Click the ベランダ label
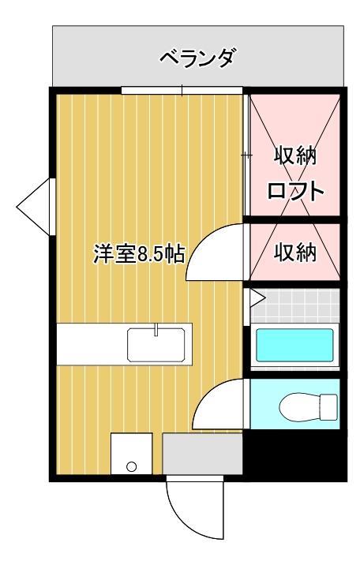point(197,58)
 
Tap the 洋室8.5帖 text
point(139,254)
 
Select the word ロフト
point(295,191)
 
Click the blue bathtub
point(294,345)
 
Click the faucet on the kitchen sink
point(156,329)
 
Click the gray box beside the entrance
point(202,454)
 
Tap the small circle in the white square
point(130,466)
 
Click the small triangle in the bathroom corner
point(257,298)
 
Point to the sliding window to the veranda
point(182,90)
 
